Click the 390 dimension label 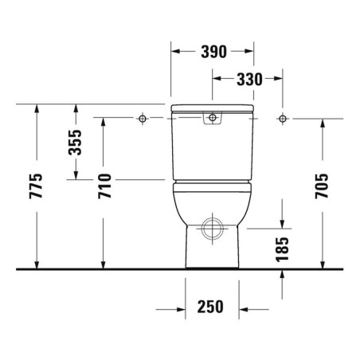pos(213,52)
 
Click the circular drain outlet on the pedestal pos(212,229)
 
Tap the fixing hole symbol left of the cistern pos(143,119)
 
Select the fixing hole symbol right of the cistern pos(281,119)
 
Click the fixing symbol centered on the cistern pos(212,119)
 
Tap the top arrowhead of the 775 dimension pos(37,109)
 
